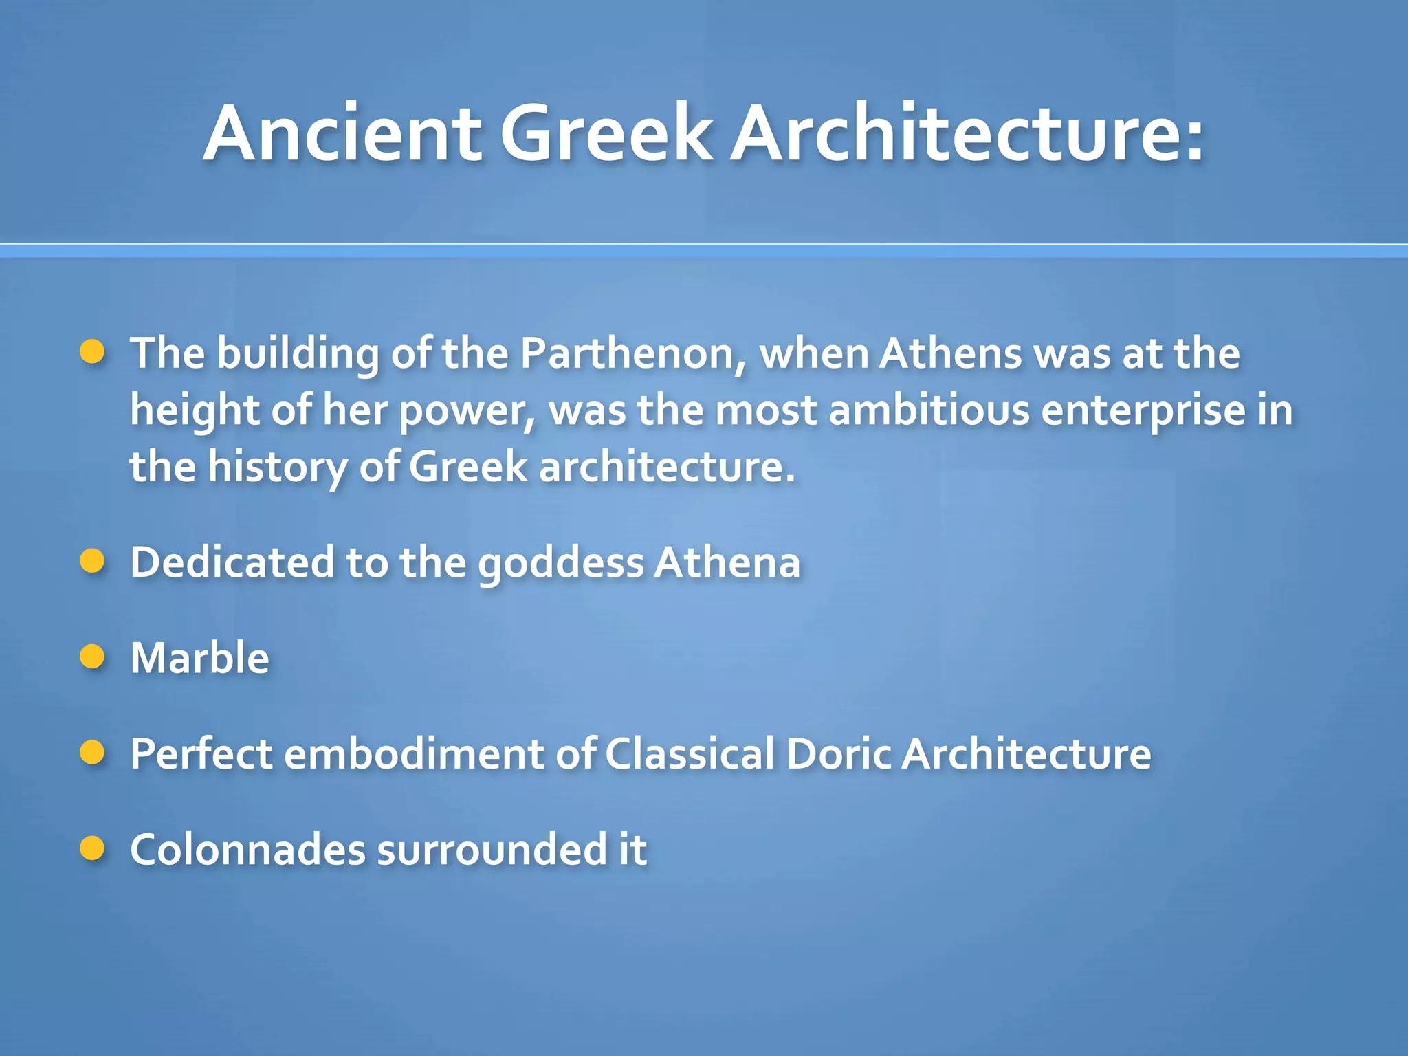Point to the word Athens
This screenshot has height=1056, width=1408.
[951, 354]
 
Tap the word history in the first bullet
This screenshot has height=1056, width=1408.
[278, 468]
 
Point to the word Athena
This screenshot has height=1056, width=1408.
[727, 562]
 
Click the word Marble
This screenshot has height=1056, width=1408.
[199, 658]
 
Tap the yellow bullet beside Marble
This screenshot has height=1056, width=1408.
[92, 657]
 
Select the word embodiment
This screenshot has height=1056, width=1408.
[414, 753]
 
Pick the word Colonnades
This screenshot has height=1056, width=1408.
[247, 850]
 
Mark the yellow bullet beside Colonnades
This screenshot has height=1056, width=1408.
[92, 848]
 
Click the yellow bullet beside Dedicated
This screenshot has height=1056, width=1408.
[92, 561]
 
